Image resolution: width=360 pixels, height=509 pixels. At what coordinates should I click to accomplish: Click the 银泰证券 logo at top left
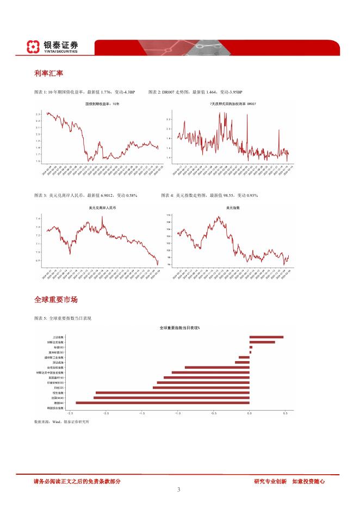[53, 47]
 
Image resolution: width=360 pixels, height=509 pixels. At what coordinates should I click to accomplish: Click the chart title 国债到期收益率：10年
[102, 104]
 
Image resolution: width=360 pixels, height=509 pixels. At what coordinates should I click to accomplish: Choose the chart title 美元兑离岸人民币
[102, 208]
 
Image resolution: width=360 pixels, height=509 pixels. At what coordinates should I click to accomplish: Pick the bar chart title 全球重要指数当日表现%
[179, 328]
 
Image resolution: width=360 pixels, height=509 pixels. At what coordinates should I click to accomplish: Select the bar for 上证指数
[266, 337]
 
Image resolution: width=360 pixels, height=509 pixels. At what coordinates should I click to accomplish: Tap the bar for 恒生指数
[172, 392]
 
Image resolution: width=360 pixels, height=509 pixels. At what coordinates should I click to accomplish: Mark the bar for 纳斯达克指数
[262, 342]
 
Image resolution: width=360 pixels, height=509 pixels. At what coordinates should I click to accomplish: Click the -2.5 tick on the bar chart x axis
[70, 413]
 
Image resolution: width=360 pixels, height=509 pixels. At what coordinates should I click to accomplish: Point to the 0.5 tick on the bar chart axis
[285, 413]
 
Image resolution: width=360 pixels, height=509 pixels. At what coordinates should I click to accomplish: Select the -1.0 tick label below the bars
[178, 413]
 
